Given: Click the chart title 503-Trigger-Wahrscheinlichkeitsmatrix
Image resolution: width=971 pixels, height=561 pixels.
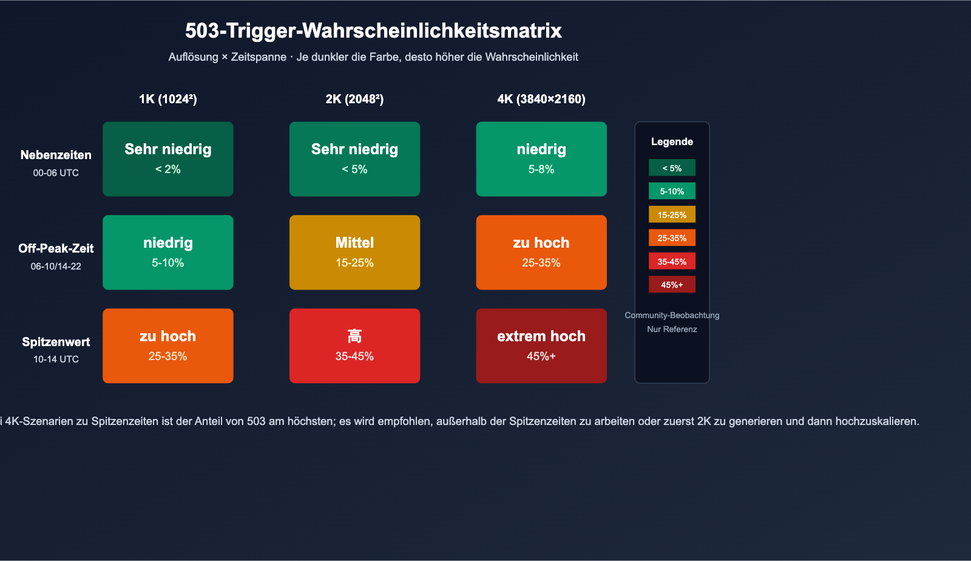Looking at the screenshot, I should tap(373, 30).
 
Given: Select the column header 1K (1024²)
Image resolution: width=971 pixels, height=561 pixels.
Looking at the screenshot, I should tap(168, 99).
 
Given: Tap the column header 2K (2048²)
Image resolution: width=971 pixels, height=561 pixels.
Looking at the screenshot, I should tap(354, 99).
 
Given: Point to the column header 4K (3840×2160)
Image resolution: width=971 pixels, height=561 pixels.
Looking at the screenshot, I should tap(541, 99).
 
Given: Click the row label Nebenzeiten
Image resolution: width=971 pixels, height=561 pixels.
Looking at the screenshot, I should tap(56, 155).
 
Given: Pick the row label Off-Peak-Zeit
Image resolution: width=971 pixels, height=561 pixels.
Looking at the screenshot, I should tap(56, 248).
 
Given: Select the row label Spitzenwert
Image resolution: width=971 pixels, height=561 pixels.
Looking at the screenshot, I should tap(56, 342).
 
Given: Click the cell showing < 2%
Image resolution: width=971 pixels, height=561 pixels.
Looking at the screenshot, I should tap(168, 159).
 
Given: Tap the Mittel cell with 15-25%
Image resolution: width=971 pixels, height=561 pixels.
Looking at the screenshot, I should tap(354, 253).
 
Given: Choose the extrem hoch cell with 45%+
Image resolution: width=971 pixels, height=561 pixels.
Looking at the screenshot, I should tap(541, 346).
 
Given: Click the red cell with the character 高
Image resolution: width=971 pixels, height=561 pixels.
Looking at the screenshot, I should tap(354, 346).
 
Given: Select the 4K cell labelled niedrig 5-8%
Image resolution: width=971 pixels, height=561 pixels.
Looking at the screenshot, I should tap(541, 159).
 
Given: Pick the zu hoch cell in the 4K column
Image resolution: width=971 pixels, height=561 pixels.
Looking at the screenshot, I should tap(541, 253).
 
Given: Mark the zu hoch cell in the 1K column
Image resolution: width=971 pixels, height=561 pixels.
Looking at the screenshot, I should tap(168, 346).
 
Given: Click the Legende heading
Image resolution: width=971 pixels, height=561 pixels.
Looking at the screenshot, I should tap(672, 141).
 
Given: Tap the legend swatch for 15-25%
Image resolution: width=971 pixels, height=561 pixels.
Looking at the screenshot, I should tap(672, 215).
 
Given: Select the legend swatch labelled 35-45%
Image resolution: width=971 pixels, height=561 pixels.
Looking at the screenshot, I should tap(672, 262).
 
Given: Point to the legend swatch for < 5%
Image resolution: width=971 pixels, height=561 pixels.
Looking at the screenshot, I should tap(672, 168).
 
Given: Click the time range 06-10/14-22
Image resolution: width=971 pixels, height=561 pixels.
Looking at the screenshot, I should tap(56, 267).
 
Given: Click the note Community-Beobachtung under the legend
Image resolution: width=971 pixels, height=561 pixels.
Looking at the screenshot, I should tap(672, 315).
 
